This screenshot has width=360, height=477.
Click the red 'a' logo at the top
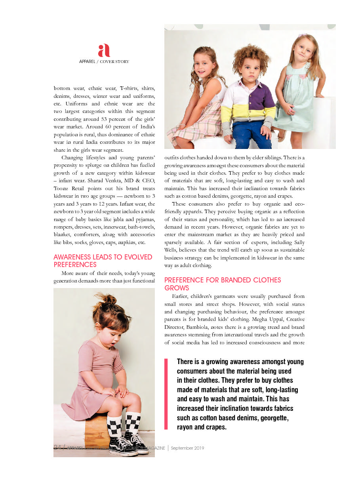[x=104, y=51]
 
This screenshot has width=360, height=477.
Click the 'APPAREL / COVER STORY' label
[x=104, y=61]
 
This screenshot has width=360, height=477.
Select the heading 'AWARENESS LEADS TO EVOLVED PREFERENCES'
[x=103, y=261]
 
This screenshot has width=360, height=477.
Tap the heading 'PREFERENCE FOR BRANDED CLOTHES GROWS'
[x=223, y=284]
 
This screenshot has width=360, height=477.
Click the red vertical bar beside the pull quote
[x=166, y=394]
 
